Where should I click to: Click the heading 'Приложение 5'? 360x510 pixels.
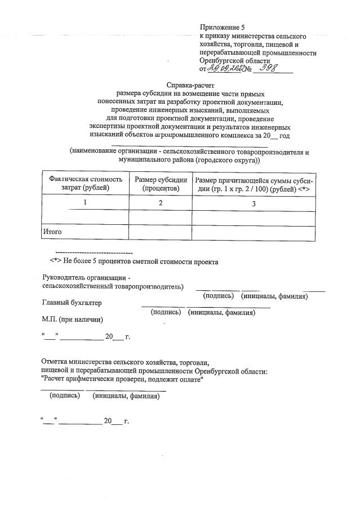223,27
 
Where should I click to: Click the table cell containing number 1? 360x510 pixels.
86,203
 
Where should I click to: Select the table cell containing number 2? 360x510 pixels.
161,203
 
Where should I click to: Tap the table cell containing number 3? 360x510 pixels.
254,203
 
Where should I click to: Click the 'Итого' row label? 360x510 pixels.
52,232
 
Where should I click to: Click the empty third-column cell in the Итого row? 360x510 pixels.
254,232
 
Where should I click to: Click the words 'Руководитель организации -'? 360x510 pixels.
86,277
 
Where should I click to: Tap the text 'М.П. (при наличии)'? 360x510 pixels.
73,320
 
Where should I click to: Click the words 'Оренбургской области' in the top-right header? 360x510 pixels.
235,61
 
